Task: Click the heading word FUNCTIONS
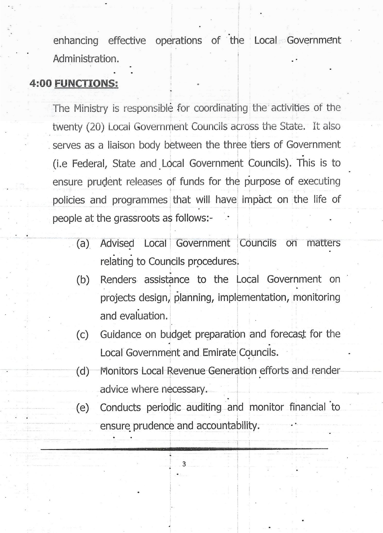(86, 83)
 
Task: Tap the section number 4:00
(41, 83)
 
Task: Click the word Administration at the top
(86, 59)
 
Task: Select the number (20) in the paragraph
(95, 127)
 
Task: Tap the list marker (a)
(83, 243)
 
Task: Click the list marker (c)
(83, 334)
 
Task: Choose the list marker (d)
(83, 371)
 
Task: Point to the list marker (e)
(83, 408)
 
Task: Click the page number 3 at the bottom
(184, 464)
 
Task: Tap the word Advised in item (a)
(117, 243)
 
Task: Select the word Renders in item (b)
(118, 279)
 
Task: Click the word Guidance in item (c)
(120, 334)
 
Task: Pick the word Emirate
(219, 352)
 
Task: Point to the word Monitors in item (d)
(120, 371)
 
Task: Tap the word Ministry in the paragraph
(91, 108)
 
